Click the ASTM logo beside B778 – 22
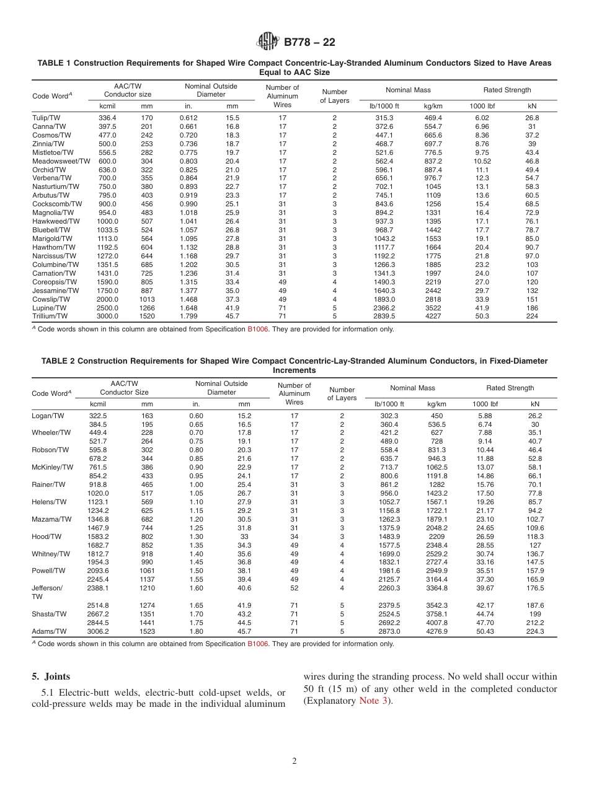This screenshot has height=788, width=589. pyautogui.click(x=268, y=42)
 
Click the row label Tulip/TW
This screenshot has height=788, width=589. pyautogui.click(x=47, y=117)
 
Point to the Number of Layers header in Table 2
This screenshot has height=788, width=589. pyautogui.click(x=342, y=394)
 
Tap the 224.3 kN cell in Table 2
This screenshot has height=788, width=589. pyautogui.click(x=534, y=631)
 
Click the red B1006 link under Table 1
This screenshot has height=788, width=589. pyautogui.click(x=258, y=330)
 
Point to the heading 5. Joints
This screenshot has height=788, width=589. pyautogui.click(x=51, y=676)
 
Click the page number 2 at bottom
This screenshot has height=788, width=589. pyautogui.click(x=294, y=761)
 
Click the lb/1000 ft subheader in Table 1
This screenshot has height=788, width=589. pyautogui.click(x=384, y=106)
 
